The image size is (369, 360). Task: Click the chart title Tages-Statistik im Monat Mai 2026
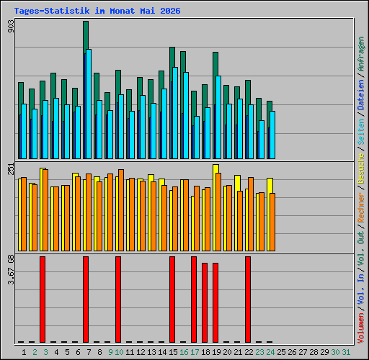(x=97, y=11)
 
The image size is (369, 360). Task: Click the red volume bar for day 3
(x=43, y=300)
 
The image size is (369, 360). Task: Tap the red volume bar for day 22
(x=248, y=300)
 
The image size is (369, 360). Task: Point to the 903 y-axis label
(x=11, y=26)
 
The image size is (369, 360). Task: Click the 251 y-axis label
(x=11, y=168)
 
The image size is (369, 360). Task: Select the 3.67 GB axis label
(x=11, y=269)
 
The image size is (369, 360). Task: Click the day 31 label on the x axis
(x=346, y=352)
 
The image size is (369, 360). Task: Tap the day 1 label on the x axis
(x=24, y=352)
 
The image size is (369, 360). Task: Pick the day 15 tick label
(x=173, y=352)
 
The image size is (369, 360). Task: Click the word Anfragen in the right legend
(x=361, y=54)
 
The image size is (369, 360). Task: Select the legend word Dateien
(x=361, y=95)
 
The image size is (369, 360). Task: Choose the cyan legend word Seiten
(x=361, y=132)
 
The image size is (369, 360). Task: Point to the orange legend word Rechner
(x=361, y=207)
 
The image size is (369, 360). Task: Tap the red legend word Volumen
(x=361, y=328)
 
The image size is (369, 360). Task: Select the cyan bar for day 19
(x=218, y=117)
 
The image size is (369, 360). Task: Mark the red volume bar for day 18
(x=205, y=302)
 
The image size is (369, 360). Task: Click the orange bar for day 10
(x=121, y=210)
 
